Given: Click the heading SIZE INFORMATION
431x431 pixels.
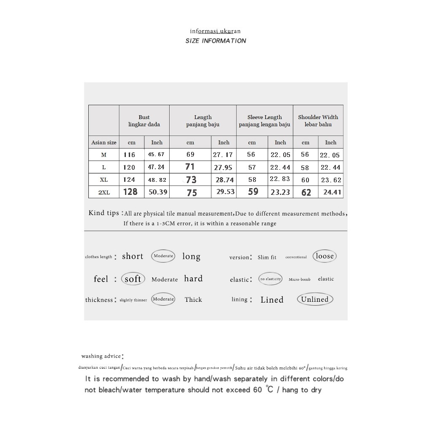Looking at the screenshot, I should coord(215,41).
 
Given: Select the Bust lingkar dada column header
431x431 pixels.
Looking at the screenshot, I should coord(144,121).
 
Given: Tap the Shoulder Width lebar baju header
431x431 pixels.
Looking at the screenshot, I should coord(318,121).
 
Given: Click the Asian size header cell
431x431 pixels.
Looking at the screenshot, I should coord(104,143).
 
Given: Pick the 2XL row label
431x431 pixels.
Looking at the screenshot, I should coord(104,192).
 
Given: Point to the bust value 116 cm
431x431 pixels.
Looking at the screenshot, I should coord(130,155).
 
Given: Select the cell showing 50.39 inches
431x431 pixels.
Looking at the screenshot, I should coord(158,192).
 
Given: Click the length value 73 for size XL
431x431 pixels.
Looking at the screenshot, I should coord(191,180).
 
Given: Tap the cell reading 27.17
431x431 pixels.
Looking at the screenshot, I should coord(223,155).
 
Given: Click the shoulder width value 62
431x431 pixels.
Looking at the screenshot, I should coord(306,192).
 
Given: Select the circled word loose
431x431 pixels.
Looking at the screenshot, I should coord(325,256).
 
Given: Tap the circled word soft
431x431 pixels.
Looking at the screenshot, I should coord(133,279).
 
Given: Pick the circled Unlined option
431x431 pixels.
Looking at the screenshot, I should coord(315,299).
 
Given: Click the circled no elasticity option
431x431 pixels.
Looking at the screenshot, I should coord(270,279).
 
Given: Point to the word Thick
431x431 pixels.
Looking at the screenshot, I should coord(193,300).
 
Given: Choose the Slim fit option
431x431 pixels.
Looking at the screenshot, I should coord(267,257).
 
